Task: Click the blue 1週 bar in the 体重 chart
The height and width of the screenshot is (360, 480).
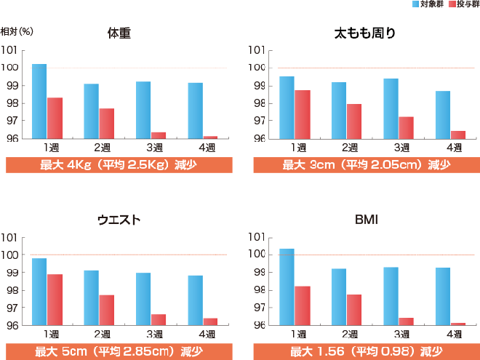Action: pyautogui.click(x=39, y=101)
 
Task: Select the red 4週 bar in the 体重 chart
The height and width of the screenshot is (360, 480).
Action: pyautogui.click(x=210, y=137)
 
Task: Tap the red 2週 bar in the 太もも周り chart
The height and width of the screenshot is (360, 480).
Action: pyautogui.click(x=354, y=121)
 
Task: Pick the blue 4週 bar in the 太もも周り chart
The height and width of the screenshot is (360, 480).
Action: pyautogui.click(x=443, y=115)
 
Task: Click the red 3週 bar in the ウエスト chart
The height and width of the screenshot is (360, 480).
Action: pyautogui.click(x=159, y=320)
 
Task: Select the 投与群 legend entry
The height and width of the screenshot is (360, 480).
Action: pyautogui.click(x=461, y=4)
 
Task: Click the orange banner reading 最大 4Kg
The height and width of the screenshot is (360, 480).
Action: pyautogui.click(x=119, y=164)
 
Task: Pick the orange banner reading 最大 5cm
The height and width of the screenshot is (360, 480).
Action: pyautogui.click(x=119, y=352)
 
